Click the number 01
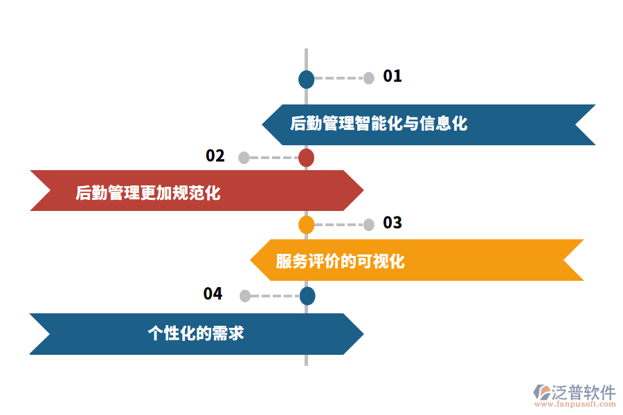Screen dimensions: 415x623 tap(392, 76)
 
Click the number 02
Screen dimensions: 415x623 tap(215, 156)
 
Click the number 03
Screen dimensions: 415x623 tap(392, 223)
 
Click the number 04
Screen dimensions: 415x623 tap(213, 294)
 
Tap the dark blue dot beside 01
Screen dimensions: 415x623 tap(306, 79)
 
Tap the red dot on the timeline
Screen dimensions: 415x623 tap(306, 158)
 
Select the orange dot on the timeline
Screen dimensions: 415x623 tap(306, 225)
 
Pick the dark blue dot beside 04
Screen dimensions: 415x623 tap(307, 296)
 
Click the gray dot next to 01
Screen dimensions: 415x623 tap(369, 78)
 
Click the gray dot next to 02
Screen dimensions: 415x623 tap(244, 158)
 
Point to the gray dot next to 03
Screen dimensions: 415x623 tap(369, 224)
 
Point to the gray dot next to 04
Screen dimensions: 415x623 tap(244, 296)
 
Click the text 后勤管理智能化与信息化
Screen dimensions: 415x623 tap(379, 124)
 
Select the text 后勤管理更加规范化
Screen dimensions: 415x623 tap(148, 192)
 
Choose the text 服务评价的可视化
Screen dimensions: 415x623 tap(340, 261)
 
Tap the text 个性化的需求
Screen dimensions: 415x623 tap(196, 333)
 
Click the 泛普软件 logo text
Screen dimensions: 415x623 tap(583, 392)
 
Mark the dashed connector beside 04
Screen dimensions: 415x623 tap(274, 296)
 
